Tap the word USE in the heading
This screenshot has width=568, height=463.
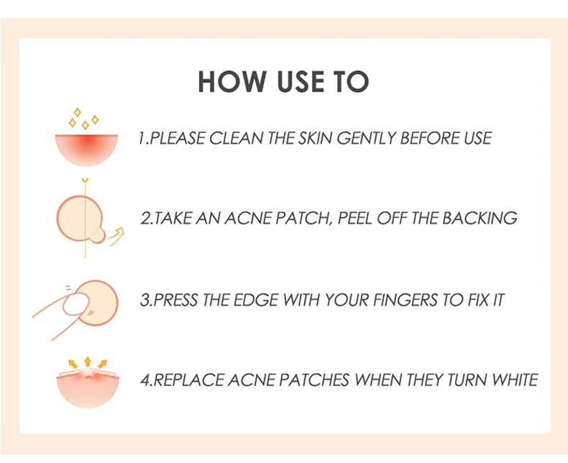(301, 81)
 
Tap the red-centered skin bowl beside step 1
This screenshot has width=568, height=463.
(86, 150)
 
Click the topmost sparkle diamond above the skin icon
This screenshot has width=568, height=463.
(77, 112)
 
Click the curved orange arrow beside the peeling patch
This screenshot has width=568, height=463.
(117, 237)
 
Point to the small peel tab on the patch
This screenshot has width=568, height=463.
(98, 236)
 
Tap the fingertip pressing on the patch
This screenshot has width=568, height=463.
(75, 304)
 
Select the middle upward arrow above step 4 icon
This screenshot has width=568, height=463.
(87, 362)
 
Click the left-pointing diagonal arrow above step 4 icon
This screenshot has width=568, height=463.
(73, 364)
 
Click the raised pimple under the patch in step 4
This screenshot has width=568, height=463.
(88, 373)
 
